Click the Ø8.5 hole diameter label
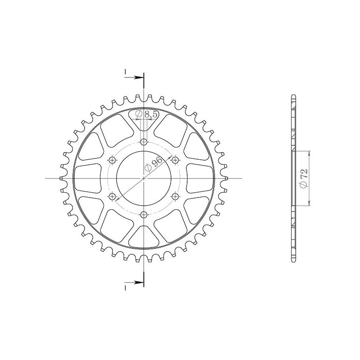147,115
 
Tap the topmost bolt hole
144,142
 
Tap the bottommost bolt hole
144,214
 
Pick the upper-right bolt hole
175,160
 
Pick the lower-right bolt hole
175,196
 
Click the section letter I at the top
126,72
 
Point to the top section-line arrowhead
140,78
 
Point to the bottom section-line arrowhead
140,282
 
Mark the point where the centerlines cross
144,178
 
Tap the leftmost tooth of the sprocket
61,178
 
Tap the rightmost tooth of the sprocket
227,178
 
